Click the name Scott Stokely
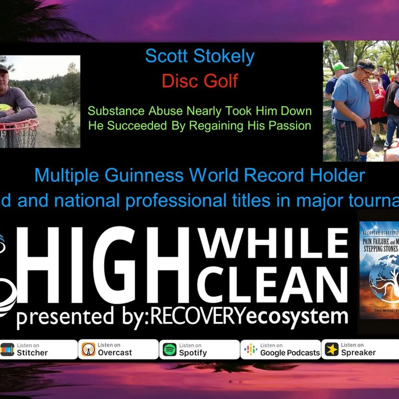tap(200, 56)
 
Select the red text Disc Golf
tap(200, 81)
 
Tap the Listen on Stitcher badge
tap(38, 349)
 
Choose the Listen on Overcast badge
tap(118, 349)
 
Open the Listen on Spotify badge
tap(199, 349)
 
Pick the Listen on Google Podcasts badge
tap(280, 349)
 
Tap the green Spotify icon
tap(170, 350)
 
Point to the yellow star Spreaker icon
tap(332, 350)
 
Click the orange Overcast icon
tap(88, 350)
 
